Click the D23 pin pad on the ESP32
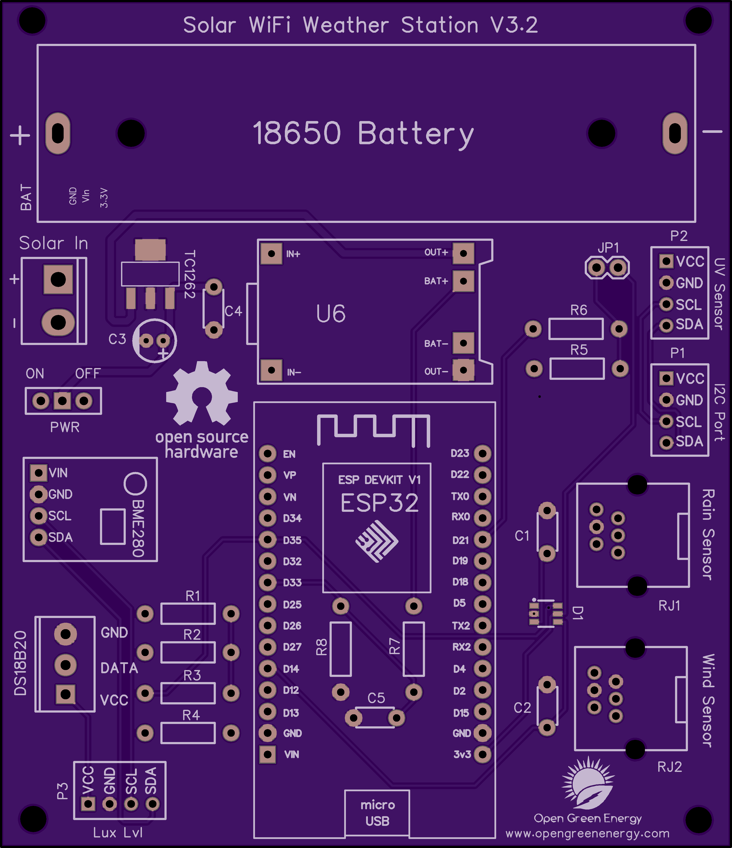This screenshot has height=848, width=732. pos(483,453)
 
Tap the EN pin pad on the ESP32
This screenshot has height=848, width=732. pos(267,454)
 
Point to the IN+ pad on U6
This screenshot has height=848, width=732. pos(271,254)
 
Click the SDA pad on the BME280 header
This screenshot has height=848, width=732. pos(38,537)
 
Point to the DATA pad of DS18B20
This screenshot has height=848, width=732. pos(66,664)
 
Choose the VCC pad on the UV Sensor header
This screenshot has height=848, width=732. pos(666,261)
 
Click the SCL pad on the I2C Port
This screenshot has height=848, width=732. pos(666,421)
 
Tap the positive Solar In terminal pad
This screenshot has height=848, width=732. pos(58,279)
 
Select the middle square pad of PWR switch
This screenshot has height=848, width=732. pos(62,401)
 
